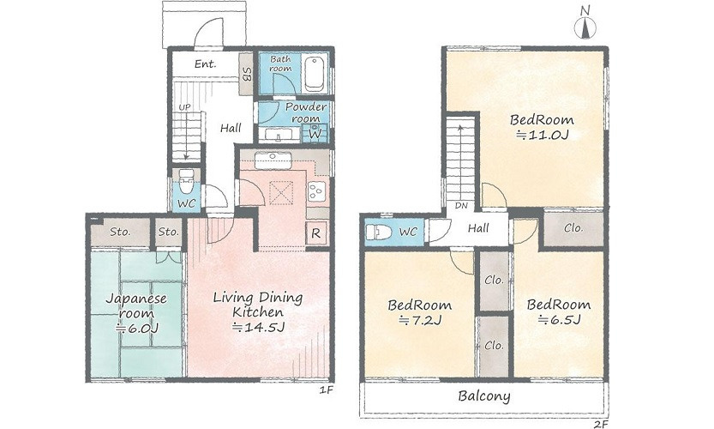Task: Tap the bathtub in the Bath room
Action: (x=315, y=74)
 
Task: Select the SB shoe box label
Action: (x=247, y=75)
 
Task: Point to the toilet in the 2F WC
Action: (x=379, y=232)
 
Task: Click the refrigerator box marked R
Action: (x=316, y=233)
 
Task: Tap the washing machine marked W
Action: (x=315, y=134)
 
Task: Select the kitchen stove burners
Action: (x=316, y=191)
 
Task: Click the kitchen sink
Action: (x=273, y=160)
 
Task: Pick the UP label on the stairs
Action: (x=184, y=107)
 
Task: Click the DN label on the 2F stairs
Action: (x=461, y=206)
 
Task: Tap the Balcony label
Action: (x=484, y=396)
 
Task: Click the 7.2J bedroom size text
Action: (x=420, y=321)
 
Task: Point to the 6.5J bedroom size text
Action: (x=559, y=319)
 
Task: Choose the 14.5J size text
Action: (x=258, y=327)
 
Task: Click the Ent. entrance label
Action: (x=206, y=63)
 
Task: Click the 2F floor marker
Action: (x=602, y=425)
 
